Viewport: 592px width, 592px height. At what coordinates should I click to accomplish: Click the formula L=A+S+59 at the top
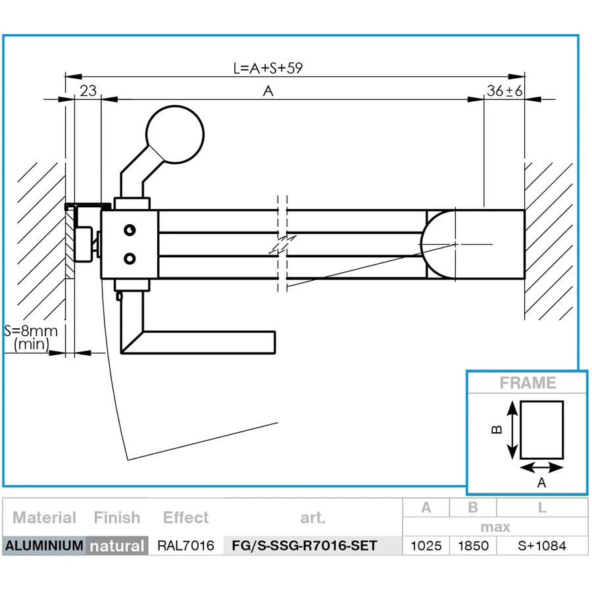[268, 68]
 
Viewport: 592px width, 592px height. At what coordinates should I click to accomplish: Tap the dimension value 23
[88, 91]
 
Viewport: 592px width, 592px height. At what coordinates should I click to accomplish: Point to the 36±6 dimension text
[505, 91]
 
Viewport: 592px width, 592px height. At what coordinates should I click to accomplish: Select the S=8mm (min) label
[31, 337]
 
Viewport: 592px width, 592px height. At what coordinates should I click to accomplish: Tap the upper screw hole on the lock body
[131, 229]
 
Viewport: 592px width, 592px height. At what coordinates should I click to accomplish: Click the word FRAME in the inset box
[528, 383]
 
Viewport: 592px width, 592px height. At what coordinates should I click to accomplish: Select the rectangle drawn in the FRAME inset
[542, 430]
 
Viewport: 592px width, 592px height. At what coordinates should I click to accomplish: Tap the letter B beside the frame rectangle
[497, 430]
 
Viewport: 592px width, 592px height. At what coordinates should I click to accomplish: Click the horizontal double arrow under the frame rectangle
[542, 468]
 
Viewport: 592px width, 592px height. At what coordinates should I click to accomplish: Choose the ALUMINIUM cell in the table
[44, 546]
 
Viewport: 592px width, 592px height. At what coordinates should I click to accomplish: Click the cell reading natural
[117, 546]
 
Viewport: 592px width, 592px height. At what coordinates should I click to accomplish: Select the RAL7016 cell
[185, 546]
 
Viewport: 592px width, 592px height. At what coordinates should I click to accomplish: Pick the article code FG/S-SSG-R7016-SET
[313, 546]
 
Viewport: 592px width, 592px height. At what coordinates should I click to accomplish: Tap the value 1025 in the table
[426, 546]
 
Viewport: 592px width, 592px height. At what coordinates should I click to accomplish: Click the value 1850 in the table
[473, 546]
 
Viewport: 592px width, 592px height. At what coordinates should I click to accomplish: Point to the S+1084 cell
[542, 546]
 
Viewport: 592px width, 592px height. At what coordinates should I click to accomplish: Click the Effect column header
[185, 518]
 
